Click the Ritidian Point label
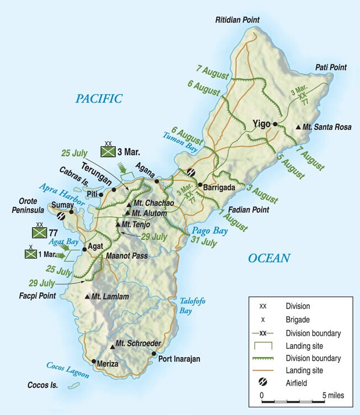tap(237, 20)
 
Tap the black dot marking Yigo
tap(275, 124)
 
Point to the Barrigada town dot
tap(199, 185)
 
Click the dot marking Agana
tap(157, 181)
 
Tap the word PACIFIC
tap(99, 99)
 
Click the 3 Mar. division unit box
tap(108, 151)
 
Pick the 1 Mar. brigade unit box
tap(31, 254)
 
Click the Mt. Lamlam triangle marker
tap(87, 297)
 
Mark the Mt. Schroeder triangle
tap(112, 345)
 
